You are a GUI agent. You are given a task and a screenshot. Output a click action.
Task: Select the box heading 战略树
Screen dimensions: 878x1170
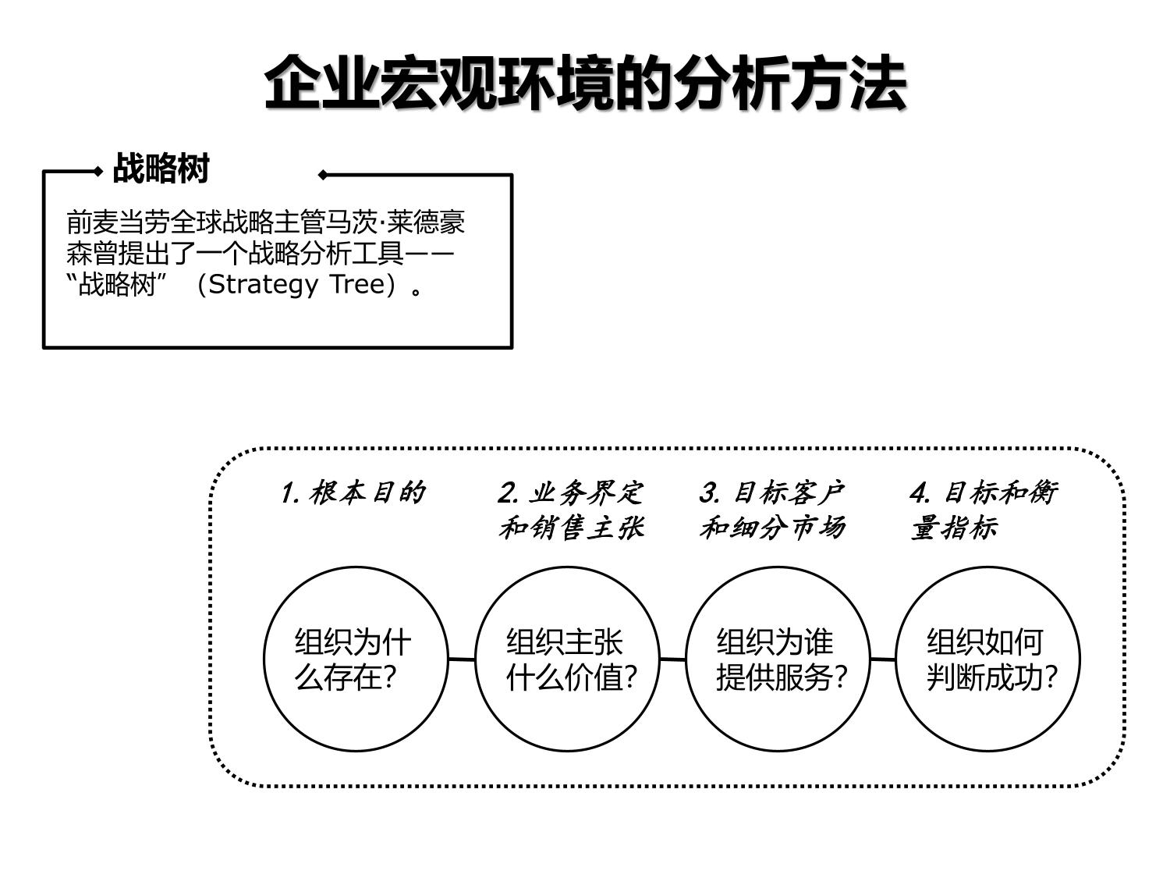(161, 169)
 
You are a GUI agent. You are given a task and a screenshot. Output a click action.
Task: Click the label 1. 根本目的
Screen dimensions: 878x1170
(353, 493)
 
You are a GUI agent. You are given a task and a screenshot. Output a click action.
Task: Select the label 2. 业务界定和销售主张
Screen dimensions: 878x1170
(571, 510)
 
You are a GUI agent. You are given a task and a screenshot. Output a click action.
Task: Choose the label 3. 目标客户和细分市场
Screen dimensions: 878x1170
(772, 510)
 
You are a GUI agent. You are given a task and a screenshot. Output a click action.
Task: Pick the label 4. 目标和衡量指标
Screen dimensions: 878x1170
(984, 510)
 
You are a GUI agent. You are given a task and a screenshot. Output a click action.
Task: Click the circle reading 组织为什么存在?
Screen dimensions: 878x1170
(356, 659)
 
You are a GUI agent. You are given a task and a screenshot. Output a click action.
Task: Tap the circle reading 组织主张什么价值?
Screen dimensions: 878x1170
(567, 659)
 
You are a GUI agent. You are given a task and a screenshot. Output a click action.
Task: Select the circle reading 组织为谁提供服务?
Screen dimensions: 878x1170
(778, 659)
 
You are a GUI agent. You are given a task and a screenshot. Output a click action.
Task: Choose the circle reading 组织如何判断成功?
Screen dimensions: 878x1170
(988, 659)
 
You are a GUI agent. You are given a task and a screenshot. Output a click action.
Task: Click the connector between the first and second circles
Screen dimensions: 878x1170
(462, 659)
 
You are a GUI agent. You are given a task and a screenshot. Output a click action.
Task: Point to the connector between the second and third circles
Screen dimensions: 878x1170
(672, 659)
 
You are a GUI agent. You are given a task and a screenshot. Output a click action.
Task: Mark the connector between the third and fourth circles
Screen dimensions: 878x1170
(883, 659)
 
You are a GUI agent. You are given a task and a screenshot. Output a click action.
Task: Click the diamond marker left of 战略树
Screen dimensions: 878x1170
(98, 171)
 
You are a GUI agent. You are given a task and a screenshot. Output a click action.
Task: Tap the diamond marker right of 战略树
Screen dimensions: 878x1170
(323, 175)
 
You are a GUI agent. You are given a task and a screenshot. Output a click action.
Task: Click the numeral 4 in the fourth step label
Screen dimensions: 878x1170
(919, 493)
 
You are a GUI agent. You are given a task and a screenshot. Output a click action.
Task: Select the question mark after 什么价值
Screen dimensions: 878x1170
(631, 677)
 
